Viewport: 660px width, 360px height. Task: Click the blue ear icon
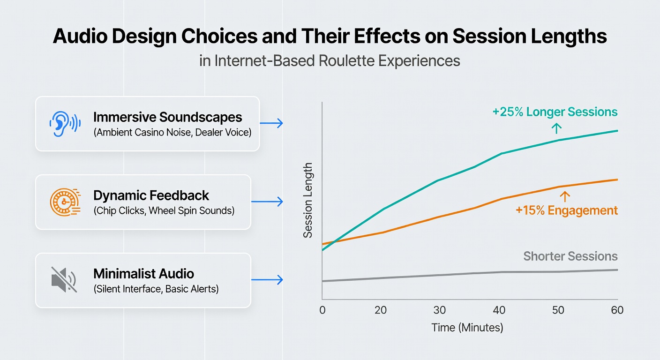(65, 124)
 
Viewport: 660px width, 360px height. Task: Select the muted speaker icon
(64, 279)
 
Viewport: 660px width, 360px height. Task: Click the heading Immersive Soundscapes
(168, 117)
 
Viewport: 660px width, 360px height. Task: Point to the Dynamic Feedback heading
(151, 195)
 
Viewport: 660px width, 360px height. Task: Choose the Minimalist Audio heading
(144, 274)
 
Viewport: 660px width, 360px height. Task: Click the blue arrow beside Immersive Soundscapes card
(271, 123)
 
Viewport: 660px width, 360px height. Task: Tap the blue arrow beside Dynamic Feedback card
(267, 202)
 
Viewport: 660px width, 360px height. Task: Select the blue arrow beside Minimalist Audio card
(267, 279)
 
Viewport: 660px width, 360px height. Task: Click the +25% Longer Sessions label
(555, 112)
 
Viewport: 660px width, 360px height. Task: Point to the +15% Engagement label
(567, 210)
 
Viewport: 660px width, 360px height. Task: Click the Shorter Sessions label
(570, 256)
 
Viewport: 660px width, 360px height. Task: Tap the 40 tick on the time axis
(499, 310)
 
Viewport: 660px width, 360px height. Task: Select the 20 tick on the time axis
(381, 310)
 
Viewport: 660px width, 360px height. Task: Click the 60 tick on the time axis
(617, 310)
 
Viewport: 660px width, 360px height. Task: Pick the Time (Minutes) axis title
(467, 328)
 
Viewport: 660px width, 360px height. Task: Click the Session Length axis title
(308, 200)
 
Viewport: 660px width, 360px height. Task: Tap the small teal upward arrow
(556, 128)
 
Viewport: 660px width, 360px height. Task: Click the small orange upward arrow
(564, 196)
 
